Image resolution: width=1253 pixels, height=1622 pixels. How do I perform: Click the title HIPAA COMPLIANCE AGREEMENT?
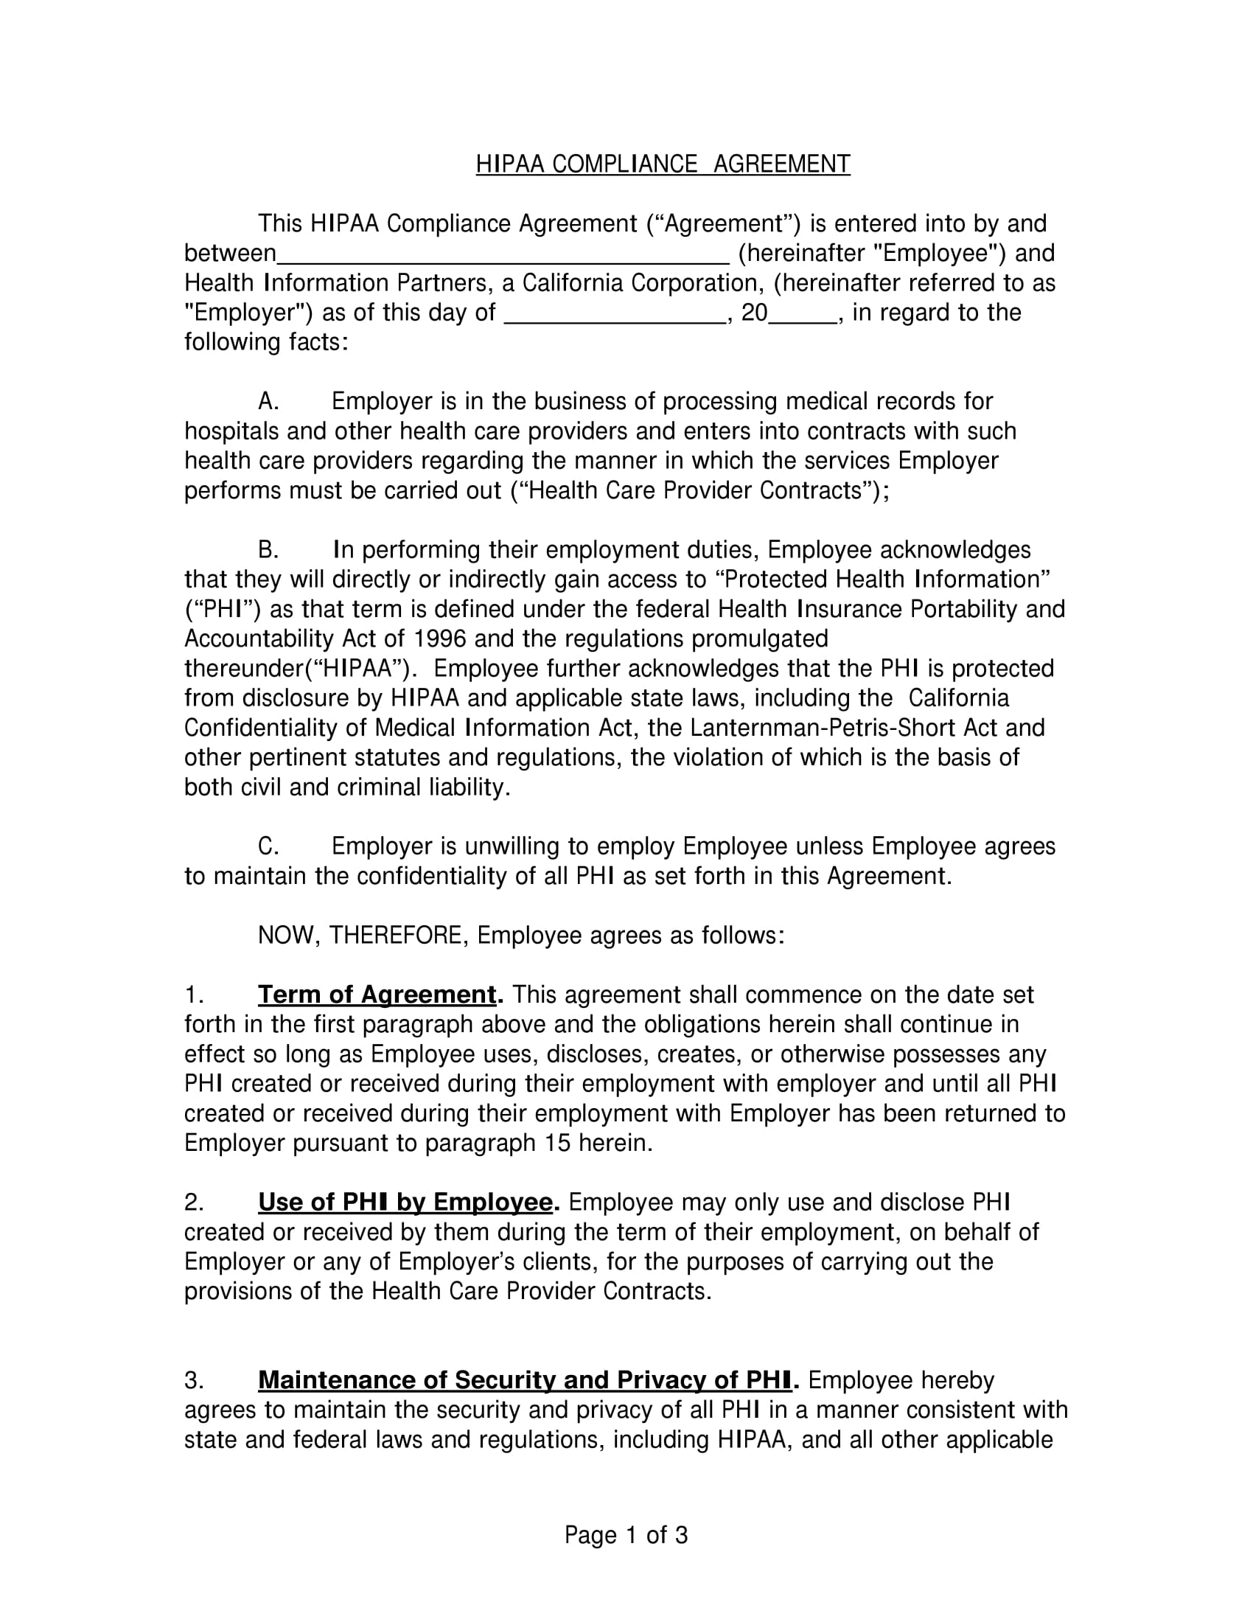662,164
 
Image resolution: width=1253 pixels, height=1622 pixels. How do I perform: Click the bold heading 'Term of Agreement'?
377,995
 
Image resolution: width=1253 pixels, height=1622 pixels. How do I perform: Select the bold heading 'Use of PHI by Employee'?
405,1202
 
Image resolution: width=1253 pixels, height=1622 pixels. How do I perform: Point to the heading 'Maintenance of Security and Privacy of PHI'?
524,1380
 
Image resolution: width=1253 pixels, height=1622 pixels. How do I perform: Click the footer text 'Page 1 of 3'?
626,1535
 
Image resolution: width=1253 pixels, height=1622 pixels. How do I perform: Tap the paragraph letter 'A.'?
268,402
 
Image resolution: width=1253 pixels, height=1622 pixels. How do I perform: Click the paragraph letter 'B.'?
268,550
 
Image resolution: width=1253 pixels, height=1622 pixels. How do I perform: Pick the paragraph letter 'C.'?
268,846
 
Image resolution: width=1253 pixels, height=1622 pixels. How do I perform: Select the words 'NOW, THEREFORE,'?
363,935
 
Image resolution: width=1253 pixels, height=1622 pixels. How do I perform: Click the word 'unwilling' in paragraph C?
513,846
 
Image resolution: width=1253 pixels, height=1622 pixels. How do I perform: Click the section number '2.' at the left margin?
194,1202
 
